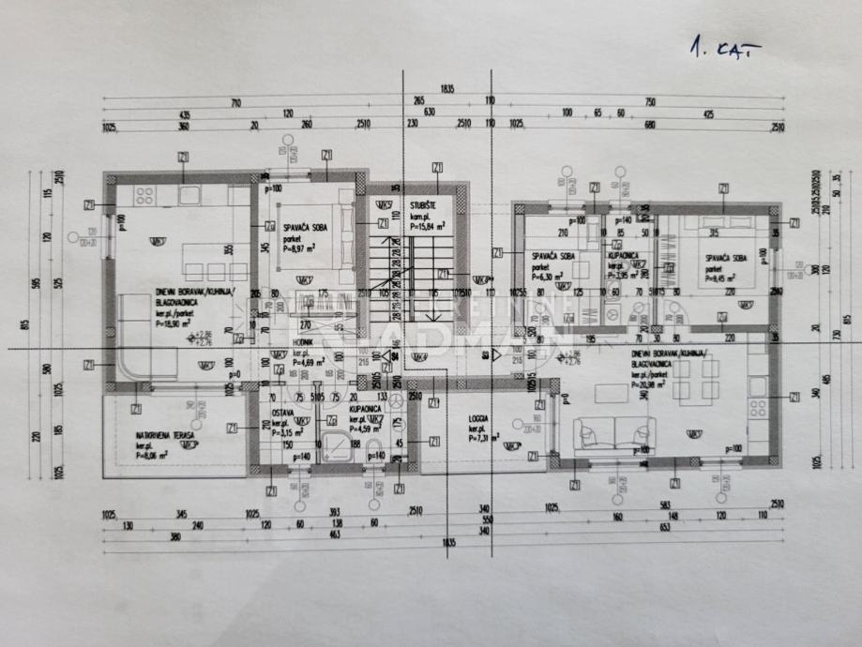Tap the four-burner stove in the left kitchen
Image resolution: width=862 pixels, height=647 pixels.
click(x=145, y=196)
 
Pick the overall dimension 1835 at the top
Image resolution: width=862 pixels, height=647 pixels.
click(x=446, y=88)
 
